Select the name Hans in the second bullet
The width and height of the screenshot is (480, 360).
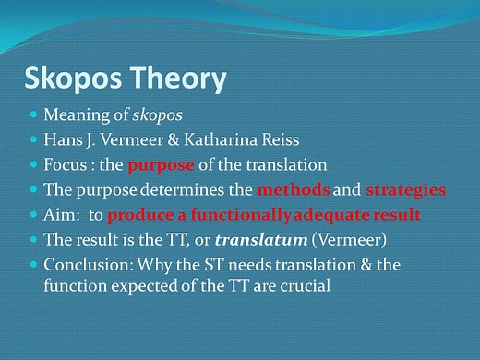click(x=62, y=141)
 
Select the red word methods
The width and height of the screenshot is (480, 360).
click(x=294, y=190)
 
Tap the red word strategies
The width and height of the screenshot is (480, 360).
click(x=405, y=190)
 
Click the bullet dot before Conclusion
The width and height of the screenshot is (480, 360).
click(x=34, y=263)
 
